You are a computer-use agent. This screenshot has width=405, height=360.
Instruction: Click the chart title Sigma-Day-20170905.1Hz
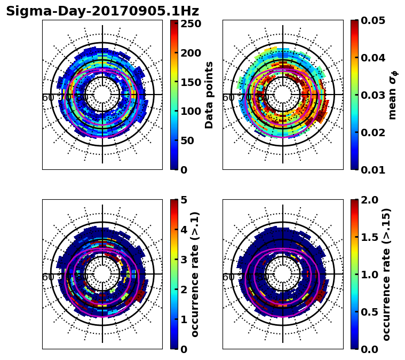pyautogui.click(x=102, y=11)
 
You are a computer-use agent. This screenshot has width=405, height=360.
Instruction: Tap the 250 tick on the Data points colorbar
pyautogui.click(x=190, y=24)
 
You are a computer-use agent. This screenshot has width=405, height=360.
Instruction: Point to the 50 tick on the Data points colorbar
pyautogui.click(x=190, y=140)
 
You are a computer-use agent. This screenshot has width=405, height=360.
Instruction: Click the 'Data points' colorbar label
pyautogui.click(x=209, y=95)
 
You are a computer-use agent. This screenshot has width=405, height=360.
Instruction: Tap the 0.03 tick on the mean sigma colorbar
pyautogui.click(x=374, y=95)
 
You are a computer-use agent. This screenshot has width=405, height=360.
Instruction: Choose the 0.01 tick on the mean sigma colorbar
pyautogui.click(x=374, y=170)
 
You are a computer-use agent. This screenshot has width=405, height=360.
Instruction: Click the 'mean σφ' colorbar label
pyautogui.click(x=392, y=95)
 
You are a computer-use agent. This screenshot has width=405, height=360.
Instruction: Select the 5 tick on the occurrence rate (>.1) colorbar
pyautogui.click(x=185, y=200)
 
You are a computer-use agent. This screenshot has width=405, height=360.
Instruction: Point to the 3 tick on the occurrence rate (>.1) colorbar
pyautogui.click(x=185, y=260)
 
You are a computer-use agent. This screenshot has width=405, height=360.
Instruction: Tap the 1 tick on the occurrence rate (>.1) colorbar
pyautogui.click(x=185, y=319)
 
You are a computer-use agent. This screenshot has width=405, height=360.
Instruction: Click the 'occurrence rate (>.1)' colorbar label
pyautogui.click(x=195, y=274)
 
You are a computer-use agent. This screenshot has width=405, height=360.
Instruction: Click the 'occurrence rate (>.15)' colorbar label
pyautogui.click(x=387, y=274)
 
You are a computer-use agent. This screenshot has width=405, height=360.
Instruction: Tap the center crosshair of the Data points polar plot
pyautogui.click(x=102, y=95)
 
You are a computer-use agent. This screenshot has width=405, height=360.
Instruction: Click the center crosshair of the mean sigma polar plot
pyautogui.click(x=283, y=95)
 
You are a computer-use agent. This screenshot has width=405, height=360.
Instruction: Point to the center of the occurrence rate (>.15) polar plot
pyautogui.click(x=283, y=274)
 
